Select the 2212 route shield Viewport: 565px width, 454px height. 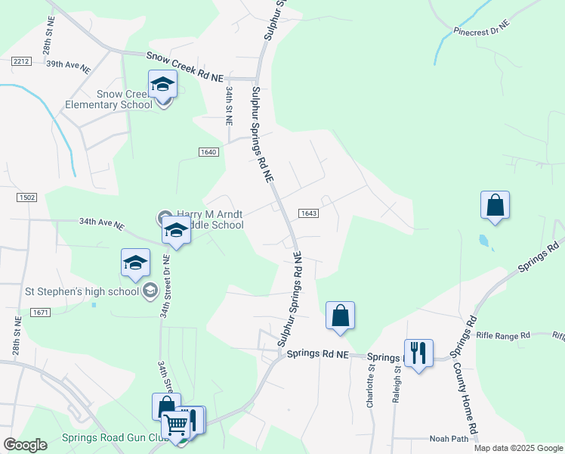point(20,62)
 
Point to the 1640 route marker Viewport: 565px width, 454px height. point(209,152)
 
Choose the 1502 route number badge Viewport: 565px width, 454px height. point(26,197)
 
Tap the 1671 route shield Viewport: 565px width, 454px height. point(40,312)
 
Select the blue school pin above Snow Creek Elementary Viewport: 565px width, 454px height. point(162,84)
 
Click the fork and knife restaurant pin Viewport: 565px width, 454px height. point(418,353)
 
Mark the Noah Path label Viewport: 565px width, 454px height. point(449,439)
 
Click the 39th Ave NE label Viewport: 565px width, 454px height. point(68,66)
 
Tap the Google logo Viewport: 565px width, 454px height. point(25,445)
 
